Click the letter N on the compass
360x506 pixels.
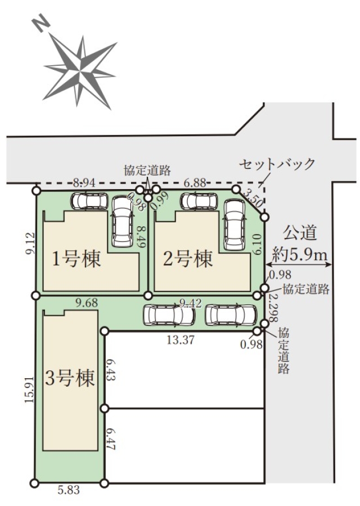click(40, 24)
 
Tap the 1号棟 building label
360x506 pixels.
click(76, 259)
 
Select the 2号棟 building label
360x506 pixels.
click(188, 259)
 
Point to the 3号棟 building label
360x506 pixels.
click(70, 378)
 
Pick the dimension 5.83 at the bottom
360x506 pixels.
click(69, 490)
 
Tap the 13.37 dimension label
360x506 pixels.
click(181, 340)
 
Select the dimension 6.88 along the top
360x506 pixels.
click(195, 183)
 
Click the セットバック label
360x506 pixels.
click(276, 164)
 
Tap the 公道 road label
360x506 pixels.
click(300, 232)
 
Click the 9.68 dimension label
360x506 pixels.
click(87, 303)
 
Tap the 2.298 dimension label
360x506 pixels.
click(273, 308)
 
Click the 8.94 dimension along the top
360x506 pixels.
click(84, 183)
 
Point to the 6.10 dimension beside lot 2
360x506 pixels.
click(258, 244)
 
